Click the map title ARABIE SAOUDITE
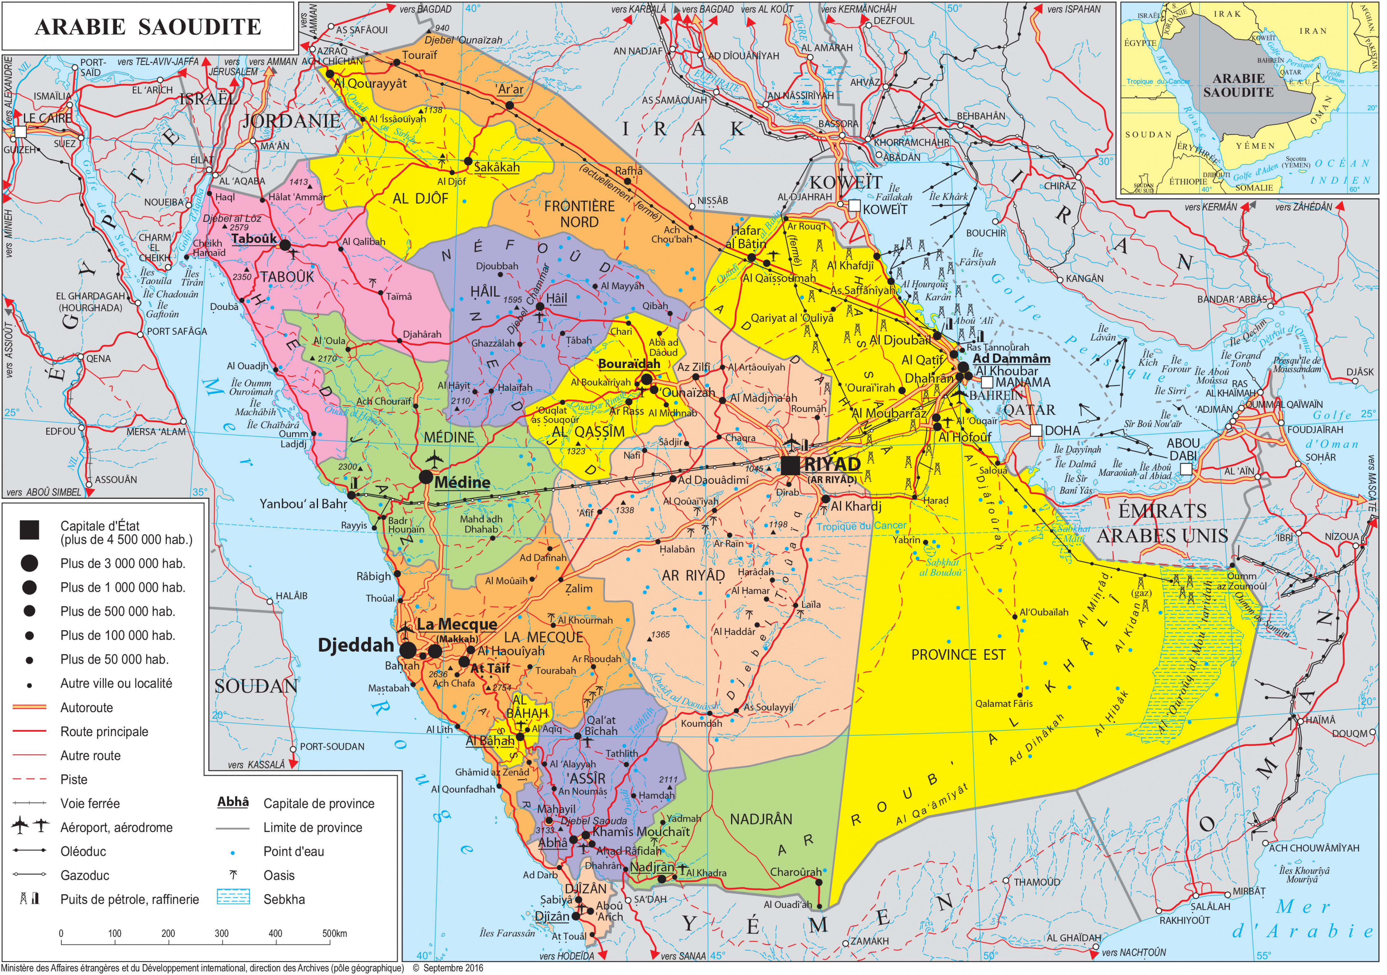148,27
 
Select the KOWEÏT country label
846,182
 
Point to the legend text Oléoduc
83,852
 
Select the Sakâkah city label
496,167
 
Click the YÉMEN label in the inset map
1255,146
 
